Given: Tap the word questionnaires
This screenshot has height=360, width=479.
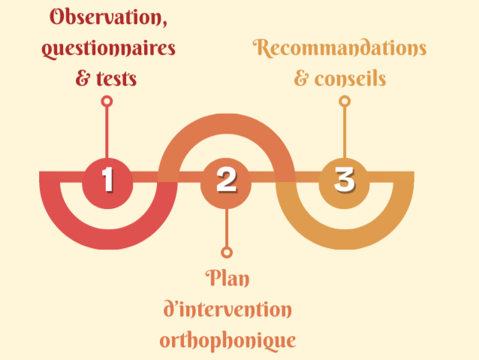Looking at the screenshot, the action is pyautogui.click(x=110, y=49).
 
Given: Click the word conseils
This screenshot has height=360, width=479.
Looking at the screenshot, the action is pyautogui.click(x=351, y=78).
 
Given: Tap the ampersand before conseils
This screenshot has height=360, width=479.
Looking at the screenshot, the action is pyautogui.click(x=302, y=79).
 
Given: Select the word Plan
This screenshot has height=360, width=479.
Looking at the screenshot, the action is pyautogui.click(x=227, y=278).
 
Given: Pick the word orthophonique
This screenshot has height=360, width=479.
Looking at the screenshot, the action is pyautogui.click(x=227, y=340).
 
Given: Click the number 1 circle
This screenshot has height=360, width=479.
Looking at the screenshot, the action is pyautogui.click(x=108, y=180).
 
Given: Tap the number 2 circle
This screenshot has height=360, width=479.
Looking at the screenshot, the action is pyautogui.click(x=226, y=180).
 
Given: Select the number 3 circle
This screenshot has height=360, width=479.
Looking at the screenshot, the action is pyautogui.click(x=344, y=180).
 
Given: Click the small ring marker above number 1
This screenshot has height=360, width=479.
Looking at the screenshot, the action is pyautogui.click(x=107, y=101).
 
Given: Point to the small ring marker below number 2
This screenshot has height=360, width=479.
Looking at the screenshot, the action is pyautogui.click(x=226, y=253).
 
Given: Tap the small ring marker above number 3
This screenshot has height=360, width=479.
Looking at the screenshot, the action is pyautogui.click(x=344, y=101).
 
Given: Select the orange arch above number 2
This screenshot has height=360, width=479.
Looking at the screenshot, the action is pyautogui.click(x=226, y=127).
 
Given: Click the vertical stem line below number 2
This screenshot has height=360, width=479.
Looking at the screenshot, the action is pyautogui.click(x=226, y=225).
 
